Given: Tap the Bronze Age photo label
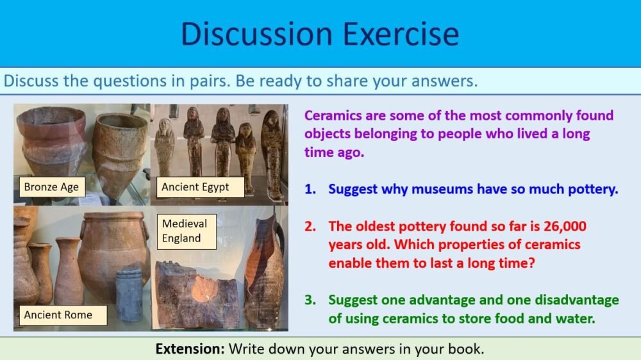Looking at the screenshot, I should click(51, 187).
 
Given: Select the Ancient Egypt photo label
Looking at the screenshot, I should click(195, 187).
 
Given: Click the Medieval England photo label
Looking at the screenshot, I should click(185, 231).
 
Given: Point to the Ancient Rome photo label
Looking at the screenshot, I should click(58, 315).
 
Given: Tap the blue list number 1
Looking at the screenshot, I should click(310, 189).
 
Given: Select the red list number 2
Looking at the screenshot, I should click(310, 226).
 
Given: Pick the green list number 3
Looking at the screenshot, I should click(310, 300).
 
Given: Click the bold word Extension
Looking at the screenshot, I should click(190, 349).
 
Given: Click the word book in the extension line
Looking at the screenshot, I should click(468, 349).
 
